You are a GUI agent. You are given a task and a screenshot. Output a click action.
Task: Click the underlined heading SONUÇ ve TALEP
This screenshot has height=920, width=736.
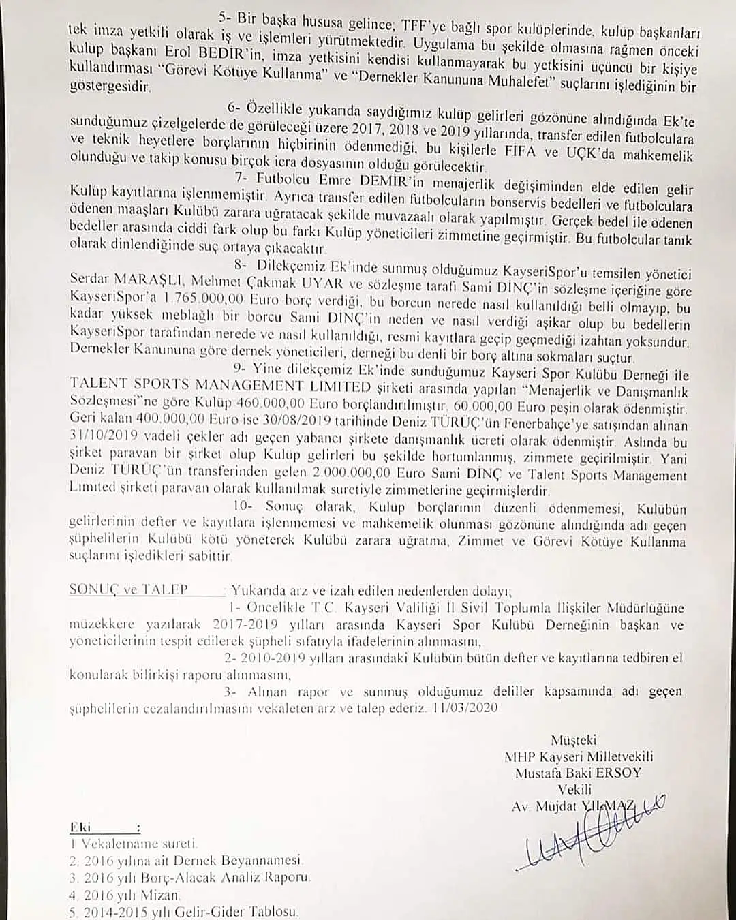coord(128,590)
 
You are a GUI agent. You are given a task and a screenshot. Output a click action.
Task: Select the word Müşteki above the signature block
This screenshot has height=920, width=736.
coord(573,739)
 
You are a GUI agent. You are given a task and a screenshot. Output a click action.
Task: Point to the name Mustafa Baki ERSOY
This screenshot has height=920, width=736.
coord(579,773)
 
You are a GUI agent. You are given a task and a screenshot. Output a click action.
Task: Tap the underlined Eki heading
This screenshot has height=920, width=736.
coord(80,827)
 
